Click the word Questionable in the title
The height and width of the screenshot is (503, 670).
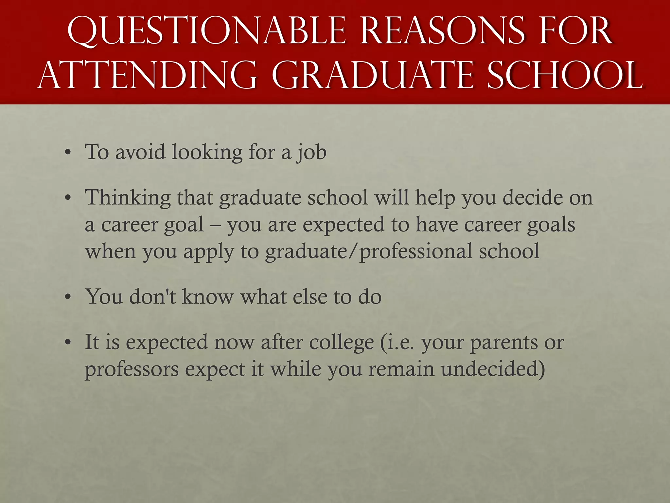pos(206,31)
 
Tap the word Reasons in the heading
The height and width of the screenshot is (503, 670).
pos(442,31)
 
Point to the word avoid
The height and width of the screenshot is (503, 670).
pos(140,152)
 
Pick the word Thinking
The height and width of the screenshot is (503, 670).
pos(128,198)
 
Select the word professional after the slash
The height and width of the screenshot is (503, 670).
pos(416,252)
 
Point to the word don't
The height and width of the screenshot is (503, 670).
pos(153,297)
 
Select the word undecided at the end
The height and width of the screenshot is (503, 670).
pos(493,369)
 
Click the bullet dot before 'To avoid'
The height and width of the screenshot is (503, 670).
pos(68,153)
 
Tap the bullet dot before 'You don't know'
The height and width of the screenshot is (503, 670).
pos(68,297)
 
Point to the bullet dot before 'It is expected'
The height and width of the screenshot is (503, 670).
pos(68,343)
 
